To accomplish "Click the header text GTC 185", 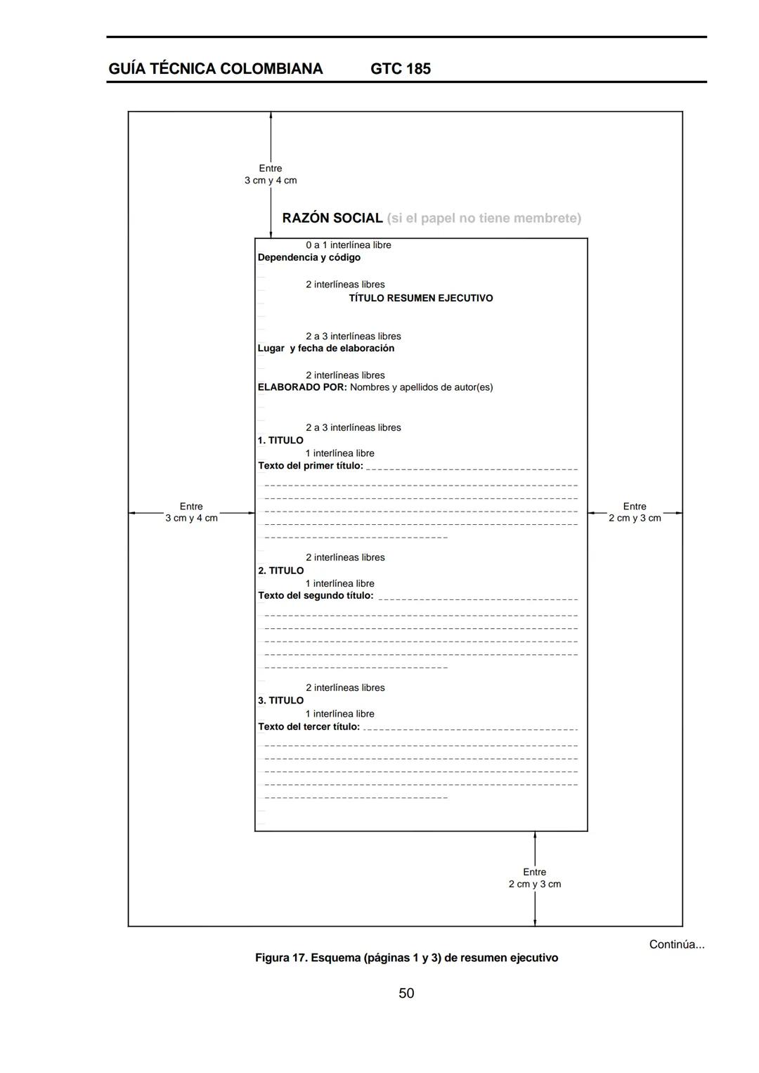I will coord(400,69).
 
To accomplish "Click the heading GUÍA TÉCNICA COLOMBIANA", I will coord(216,69).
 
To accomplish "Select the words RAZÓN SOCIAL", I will coord(332,219).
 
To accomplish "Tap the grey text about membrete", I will coord(484,219).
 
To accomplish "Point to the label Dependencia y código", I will coord(309,258).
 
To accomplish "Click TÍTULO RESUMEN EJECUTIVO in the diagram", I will coord(420,299).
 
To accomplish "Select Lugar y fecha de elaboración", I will coord(325,349).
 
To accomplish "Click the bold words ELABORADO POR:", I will coord(302,388).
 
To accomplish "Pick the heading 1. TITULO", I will coord(280,441).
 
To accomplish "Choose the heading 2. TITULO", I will coord(280,571).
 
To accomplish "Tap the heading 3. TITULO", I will coord(280,701).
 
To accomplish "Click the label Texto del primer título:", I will coord(310,466).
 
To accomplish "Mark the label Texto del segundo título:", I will coord(316,596).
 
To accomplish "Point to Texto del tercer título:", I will coord(309,727).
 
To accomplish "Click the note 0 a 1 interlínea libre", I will coord(348,245).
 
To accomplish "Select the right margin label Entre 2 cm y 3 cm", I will coord(635,512).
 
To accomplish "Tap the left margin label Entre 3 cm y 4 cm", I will coord(191,512).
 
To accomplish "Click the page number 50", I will coord(406,993).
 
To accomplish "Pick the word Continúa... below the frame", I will coord(676,944).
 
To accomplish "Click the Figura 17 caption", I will coord(406,958).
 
